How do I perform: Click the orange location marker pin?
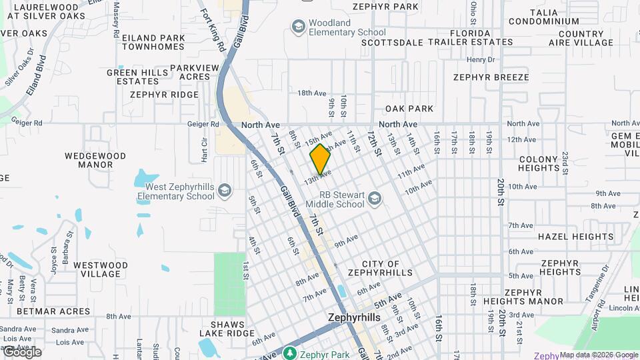point(320,159)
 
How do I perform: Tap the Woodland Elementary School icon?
point(298,27)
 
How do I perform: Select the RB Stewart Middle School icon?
point(375,199)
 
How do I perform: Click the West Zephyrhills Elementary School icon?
point(225,191)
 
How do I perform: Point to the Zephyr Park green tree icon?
point(289,353)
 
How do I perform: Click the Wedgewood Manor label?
point(95,160)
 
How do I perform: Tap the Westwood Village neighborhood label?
point(100,269)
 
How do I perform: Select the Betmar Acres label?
point(53,311)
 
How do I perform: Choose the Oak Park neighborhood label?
point(409,109)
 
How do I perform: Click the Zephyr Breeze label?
point(491,77)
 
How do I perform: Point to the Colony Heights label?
point(538,164)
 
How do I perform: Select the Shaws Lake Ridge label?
point(224,329)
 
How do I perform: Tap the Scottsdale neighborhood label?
point(392,42)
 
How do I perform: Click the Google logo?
point(22,351)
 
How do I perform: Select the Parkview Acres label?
point(194,72)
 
